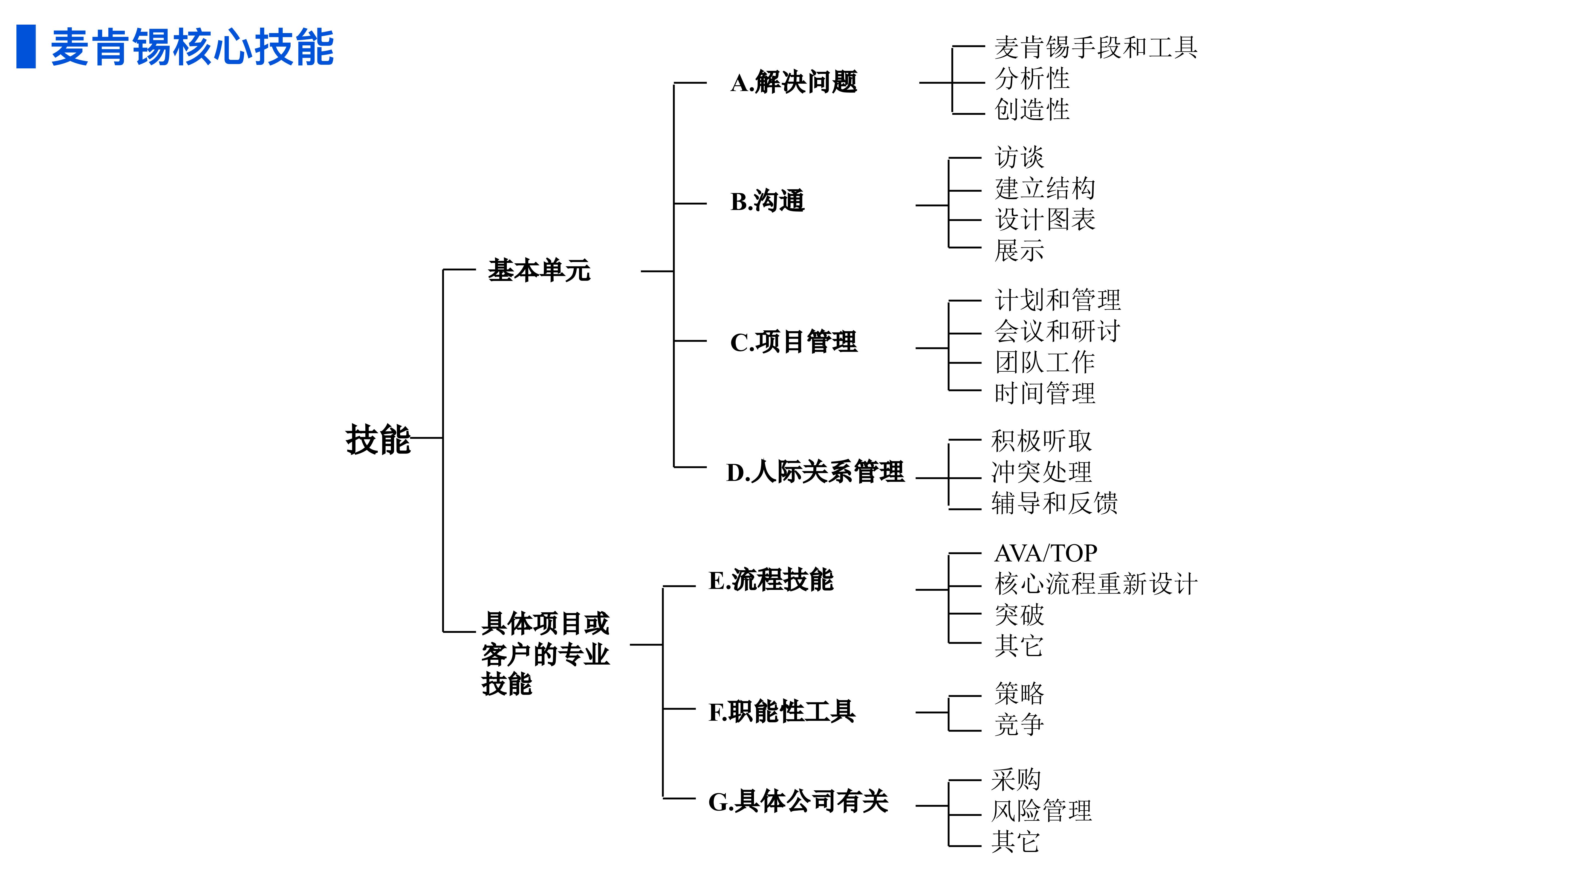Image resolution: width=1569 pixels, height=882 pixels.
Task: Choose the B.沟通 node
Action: pos(767,201)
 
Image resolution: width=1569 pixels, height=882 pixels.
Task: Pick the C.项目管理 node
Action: pos(794,342)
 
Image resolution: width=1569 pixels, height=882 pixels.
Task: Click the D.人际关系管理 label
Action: pos(815,472)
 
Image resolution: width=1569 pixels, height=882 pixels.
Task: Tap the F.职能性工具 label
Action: pos(781,711)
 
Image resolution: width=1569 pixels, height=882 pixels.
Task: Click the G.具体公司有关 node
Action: pos(798,801)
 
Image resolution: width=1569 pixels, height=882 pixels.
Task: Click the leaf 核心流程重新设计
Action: pos(1096,584)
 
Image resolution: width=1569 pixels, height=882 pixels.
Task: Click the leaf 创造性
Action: pos(1032,110)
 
